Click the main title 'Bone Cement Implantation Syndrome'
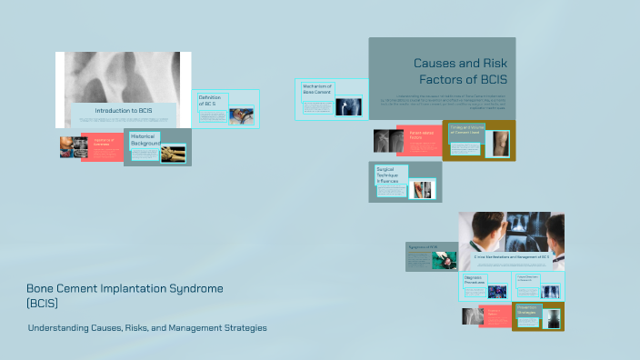tap(125, 288)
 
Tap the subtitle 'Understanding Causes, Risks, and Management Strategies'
tap(147, 327)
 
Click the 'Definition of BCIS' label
tap(213, 100)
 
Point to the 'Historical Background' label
tap(145, 139)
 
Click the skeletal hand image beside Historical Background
tap(173, 152)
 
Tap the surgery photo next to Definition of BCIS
tap(242, 115)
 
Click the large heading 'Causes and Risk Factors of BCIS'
tap(460, 71)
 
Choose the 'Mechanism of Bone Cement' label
tap(318, 89)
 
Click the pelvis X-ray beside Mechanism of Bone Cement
tap(346, 106)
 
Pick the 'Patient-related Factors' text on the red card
tap(422, 135)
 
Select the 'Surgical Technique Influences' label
tap(389, 175)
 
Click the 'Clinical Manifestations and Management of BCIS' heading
tap(512, 257)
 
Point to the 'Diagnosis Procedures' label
tap(473, 280)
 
